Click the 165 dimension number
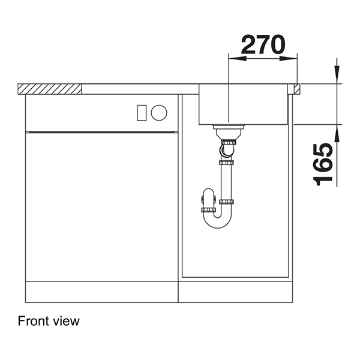324,164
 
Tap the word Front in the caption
33,321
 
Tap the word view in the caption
66,321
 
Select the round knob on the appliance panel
159,112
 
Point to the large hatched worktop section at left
50,89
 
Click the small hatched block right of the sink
297,89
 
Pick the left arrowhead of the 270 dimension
234,58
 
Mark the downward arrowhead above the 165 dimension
337,77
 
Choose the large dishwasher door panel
102,204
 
